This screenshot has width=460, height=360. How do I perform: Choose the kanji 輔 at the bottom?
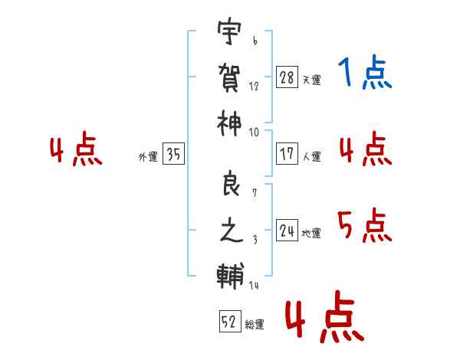pyautogui.click(x=231, y=273)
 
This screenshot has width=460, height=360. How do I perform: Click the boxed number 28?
pyautogui.click(x=287, y=77)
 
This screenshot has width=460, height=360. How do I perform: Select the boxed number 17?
pyautogui.click(x=287, y=153)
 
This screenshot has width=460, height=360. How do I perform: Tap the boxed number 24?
pyautogui.click(x=287, y=230)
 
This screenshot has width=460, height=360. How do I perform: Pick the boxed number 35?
pyautogui.click(x=173, y=155)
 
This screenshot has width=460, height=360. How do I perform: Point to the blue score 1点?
pyautogui.click(x=365, y=74)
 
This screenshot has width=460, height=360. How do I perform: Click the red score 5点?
pyautogui.click(x=365, y=226)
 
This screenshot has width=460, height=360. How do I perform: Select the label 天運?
pyautogui.click(x=311, y=80)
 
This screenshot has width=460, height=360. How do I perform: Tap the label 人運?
pyautogui.click(x=311, y=156)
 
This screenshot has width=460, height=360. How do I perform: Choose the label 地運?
pyautogui.click(x=311, y=233)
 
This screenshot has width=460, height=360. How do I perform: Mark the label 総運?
pyautogui.click(x=255, y=325)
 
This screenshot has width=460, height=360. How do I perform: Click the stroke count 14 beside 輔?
pyautogui.click(x=255, y=286)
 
